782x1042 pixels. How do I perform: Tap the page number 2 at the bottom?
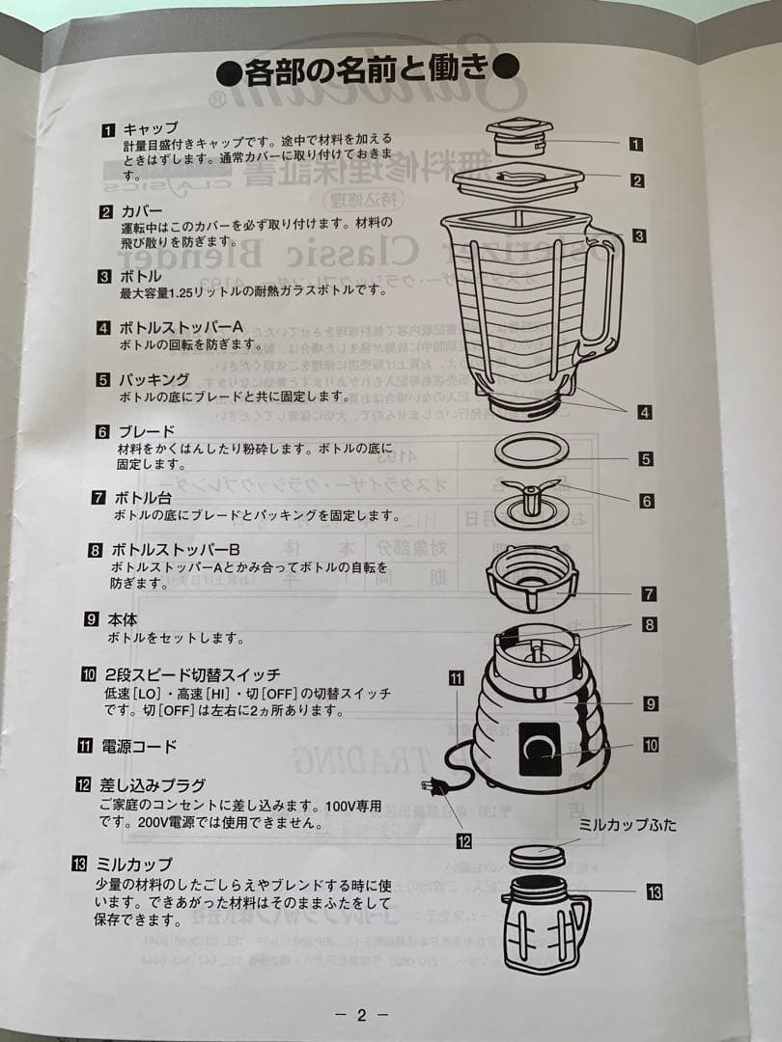pos(361,1014)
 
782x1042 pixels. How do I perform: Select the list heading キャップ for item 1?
pos(150,128)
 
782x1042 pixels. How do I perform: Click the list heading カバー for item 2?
pos(142,210)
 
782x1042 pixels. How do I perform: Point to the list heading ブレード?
pos(145,431)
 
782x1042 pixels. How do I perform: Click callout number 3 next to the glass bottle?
pos(639,234)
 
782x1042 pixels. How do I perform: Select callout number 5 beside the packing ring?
pos(645,460)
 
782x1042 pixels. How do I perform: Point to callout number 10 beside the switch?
pos(651,745)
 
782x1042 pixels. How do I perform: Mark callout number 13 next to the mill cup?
pos(654,892)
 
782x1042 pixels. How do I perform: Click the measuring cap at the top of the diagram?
pos(519,138)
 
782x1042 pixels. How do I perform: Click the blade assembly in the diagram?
pos(533,505)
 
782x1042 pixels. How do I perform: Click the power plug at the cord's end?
pos(435,786)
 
